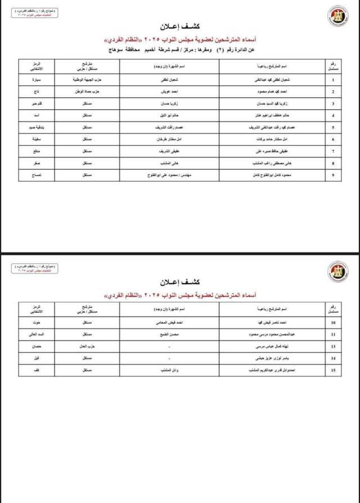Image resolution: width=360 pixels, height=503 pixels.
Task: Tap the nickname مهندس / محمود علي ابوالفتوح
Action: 167,176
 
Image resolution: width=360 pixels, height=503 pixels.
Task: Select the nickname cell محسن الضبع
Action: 167,334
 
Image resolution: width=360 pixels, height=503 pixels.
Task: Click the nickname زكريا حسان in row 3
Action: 167,104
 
